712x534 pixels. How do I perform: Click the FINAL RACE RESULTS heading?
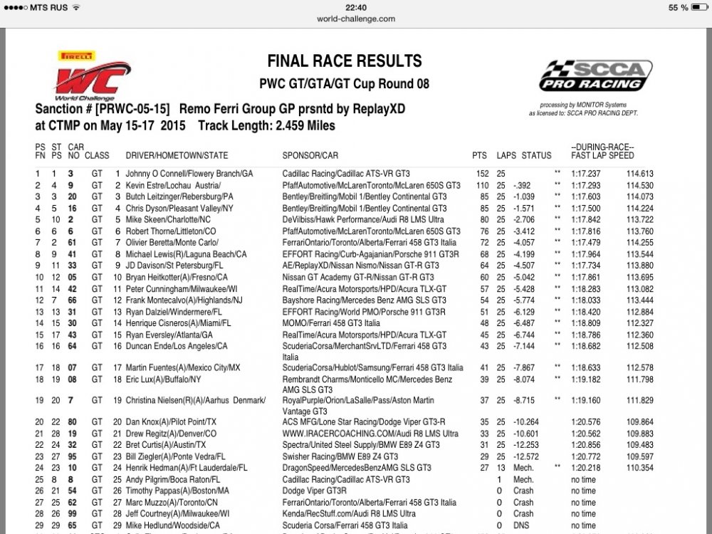pyautogui.click(x=344, y=61)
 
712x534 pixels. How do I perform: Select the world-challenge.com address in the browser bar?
pyautogui.click(x=356, y=19)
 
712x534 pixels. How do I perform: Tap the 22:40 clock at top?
pyautogui.click(x=355, y=7)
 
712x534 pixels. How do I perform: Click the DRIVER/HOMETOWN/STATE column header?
pyautogui.click(x=177, y=155)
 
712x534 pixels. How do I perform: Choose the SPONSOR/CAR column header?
pyautogui.click(x=310, y=155)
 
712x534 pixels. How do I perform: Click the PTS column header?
pyautogui.click(x=479, y=155)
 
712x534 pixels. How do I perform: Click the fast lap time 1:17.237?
pyautogui.click(x=586, y=174)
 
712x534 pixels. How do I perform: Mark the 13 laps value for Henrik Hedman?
pyautogui.click(x=502, y=468)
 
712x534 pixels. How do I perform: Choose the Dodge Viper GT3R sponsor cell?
pyautogui.click(x=318, y=491)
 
